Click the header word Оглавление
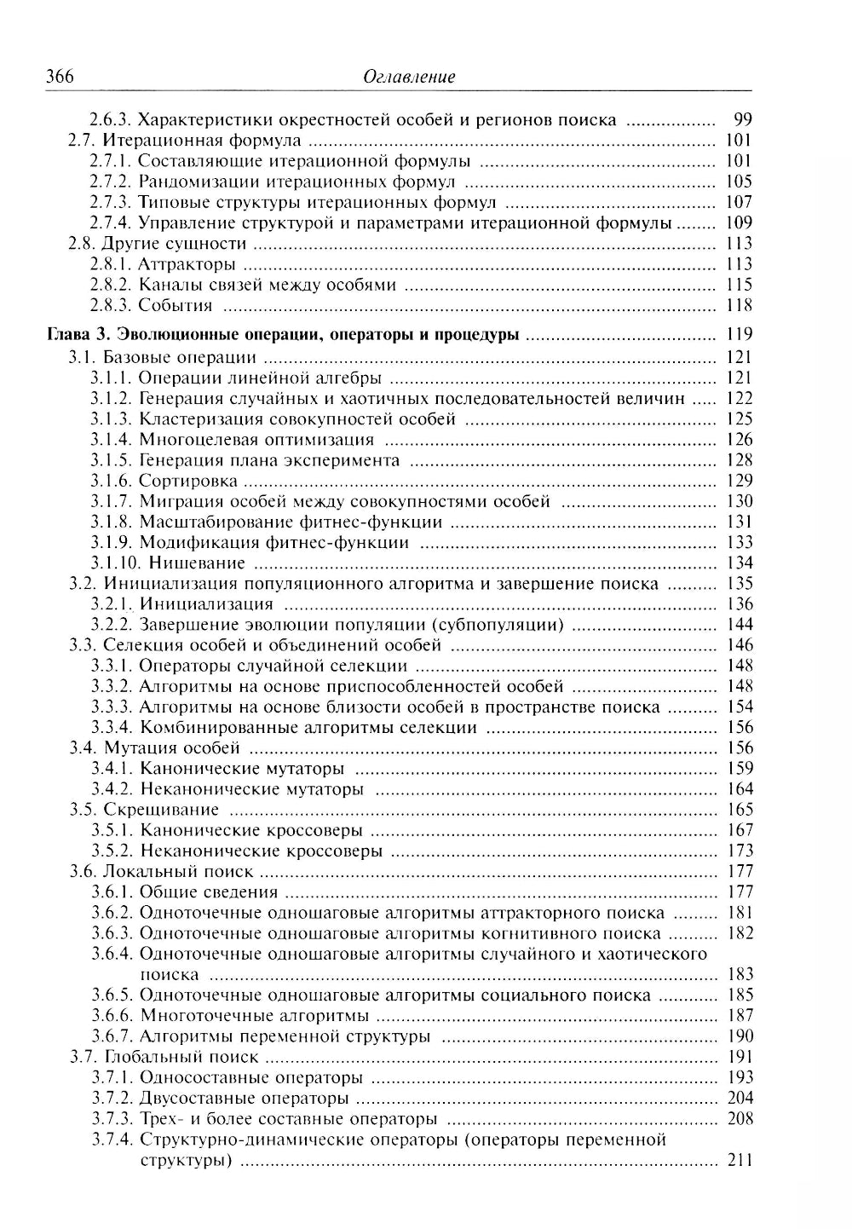pos(409,78)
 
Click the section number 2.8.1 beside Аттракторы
pos(111,265)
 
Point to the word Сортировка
pos(188,481)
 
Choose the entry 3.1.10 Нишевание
pos(168,563)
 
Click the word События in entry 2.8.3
pos(176,306)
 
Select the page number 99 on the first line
pos(742,120)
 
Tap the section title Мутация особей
pos(172,748)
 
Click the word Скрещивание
pos(161,810)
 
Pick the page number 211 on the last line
pos(740,1161)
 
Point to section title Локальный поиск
pos(178,872)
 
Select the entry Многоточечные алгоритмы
pos(254,1016)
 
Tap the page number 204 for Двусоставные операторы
pos(740,1099)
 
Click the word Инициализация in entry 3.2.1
pos(206,604)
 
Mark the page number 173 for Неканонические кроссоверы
pos(740,851)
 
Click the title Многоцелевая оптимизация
pos(256,440)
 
